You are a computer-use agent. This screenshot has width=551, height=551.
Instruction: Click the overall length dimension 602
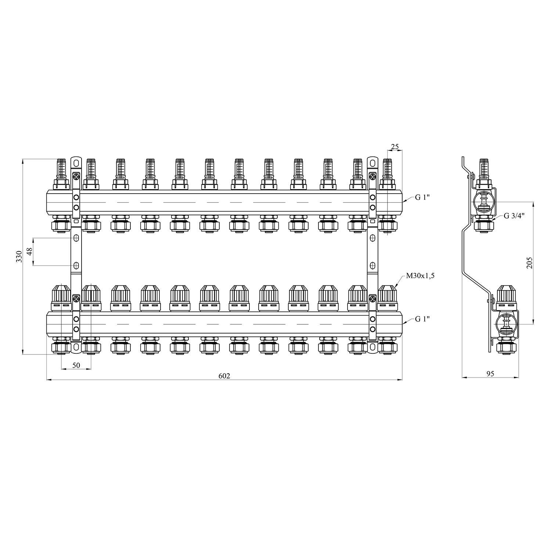tap(224, 376)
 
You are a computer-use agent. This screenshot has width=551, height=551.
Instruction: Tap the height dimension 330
tap(19, 256)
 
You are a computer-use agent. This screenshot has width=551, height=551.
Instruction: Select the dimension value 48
tap(30, 252)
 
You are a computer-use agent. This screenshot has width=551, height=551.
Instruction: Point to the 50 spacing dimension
tap(76, 365)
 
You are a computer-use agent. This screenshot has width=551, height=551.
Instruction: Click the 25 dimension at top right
tap(395, 147)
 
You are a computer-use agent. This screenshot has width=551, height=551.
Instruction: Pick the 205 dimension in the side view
tap(529, 263)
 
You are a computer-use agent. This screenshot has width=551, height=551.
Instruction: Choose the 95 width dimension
tap(490, 374)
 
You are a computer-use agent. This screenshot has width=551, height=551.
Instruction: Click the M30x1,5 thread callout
tap(420, 276)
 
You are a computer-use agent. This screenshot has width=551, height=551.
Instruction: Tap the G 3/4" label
tap(514, 215)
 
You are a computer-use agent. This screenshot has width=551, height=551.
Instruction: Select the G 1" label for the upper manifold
tap(422, 197)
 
